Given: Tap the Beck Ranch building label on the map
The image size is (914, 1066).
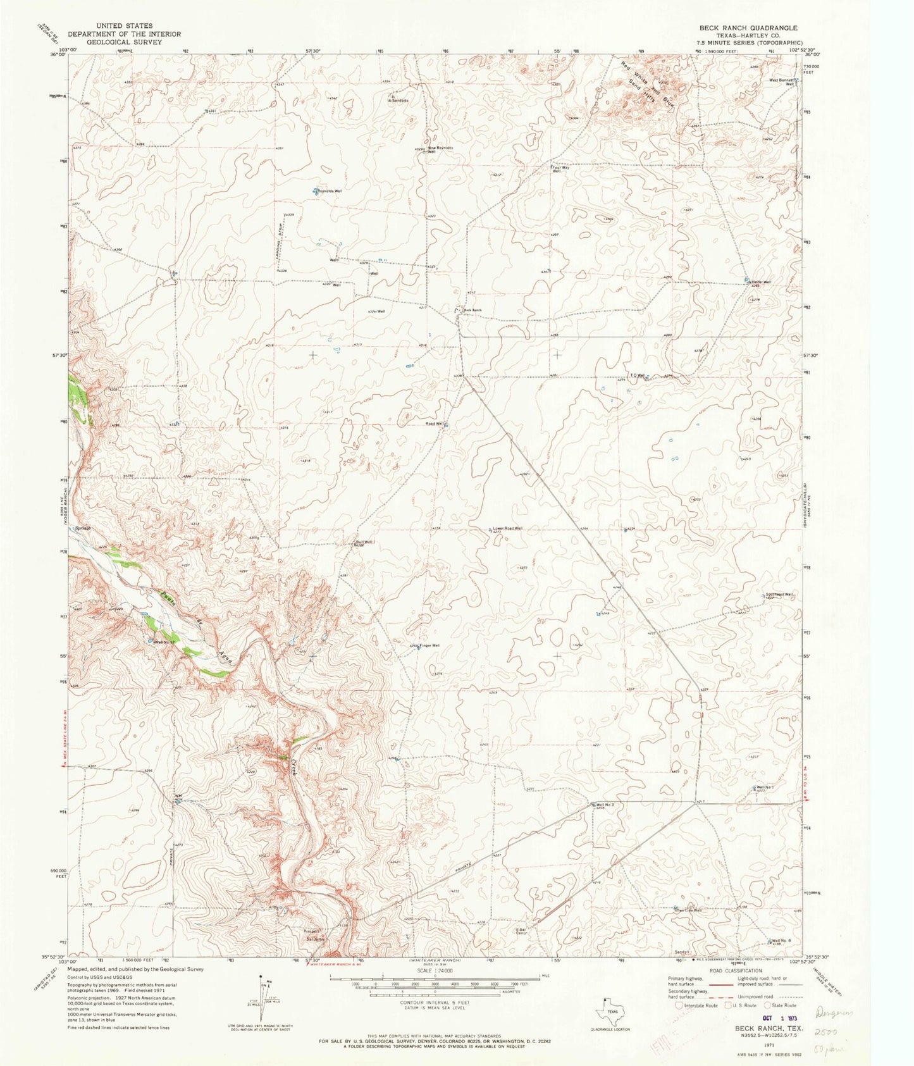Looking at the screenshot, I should click(472, 310).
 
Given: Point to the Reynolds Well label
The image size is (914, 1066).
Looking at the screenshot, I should click(330, 190).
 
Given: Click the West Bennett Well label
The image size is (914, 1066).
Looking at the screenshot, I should click(781, 82).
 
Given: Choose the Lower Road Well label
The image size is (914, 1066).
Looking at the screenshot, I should click(507, 528).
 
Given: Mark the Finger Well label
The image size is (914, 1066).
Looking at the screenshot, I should click(429, 645).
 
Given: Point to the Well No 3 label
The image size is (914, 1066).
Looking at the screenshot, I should click(605, 804).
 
